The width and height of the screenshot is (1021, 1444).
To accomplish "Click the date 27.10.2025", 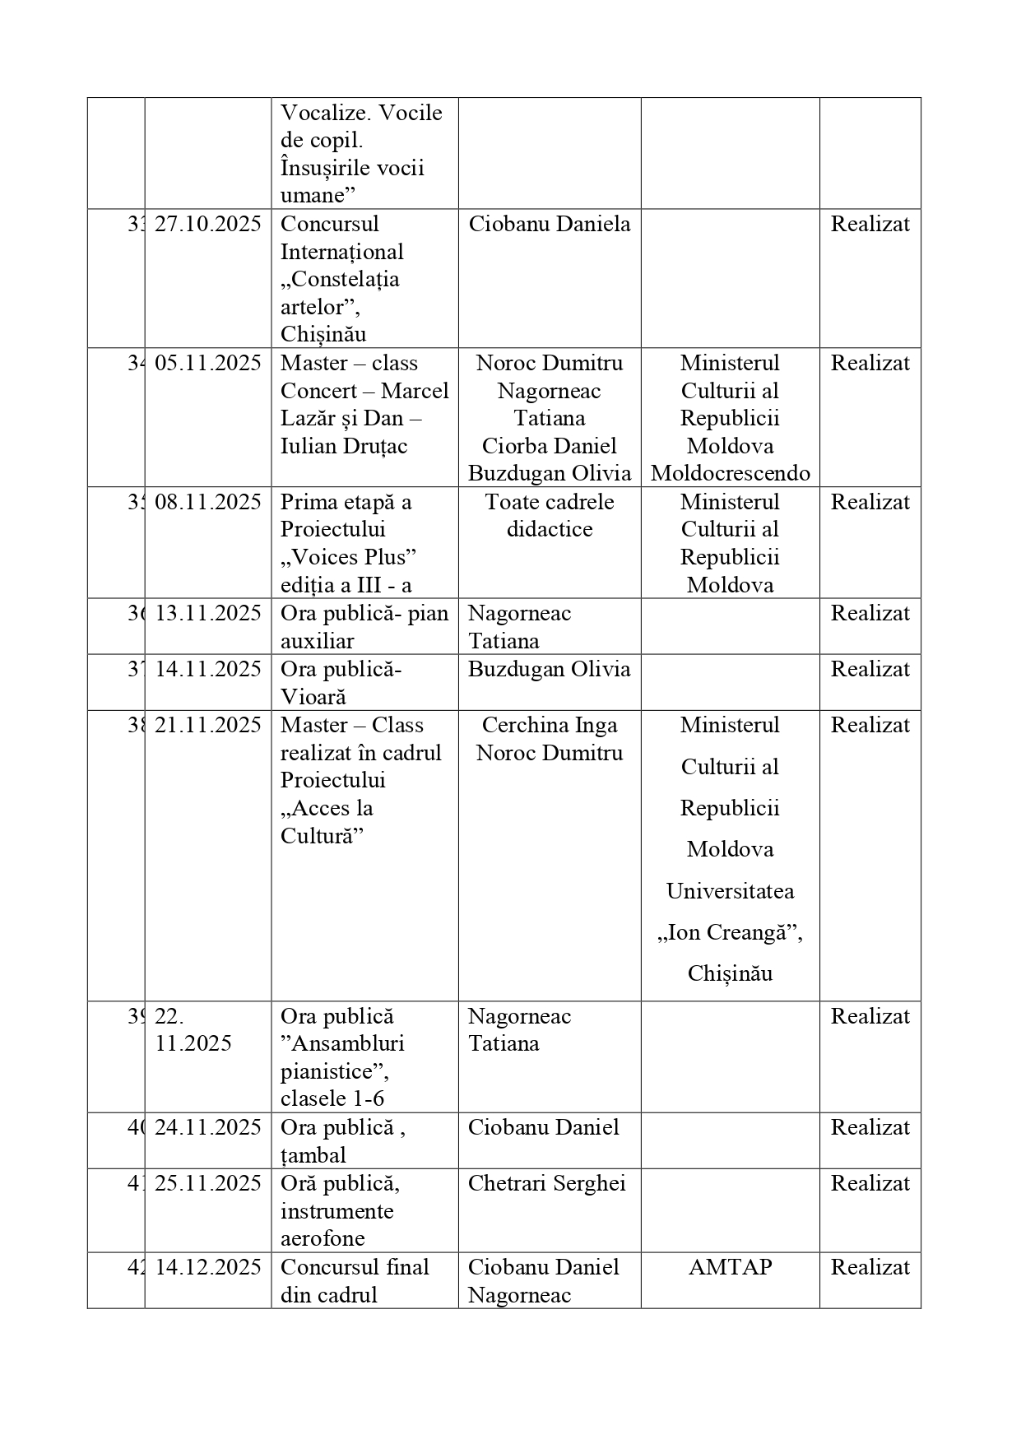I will click(207, 224).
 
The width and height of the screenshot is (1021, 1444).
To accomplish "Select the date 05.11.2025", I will click(207, 363).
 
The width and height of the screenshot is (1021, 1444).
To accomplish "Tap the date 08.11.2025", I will click(207, 502).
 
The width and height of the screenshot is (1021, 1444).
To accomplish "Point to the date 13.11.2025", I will click(207, 613).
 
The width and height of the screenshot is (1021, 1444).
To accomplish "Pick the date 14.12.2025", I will click(207, 1267).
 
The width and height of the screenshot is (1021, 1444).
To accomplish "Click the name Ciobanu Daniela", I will click(550, 224).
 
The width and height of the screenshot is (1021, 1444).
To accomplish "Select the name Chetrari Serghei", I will click(547, 1183).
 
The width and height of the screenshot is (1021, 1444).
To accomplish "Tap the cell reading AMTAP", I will click(730, 1267).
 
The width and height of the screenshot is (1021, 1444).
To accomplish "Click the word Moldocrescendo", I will click(730, 473).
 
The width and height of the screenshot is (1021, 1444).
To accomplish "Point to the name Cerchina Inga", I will click(550, 725).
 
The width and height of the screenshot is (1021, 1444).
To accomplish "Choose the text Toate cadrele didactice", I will click(550, 515).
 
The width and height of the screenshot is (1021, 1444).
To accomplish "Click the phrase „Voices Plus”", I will click(349, 557).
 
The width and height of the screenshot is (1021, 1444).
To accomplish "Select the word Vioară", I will click(313, 697).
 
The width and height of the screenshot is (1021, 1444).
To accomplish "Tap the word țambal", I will click(313, 1155).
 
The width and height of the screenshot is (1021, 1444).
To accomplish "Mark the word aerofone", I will click(323, 1238).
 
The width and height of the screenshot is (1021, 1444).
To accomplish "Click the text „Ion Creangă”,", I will click(730, 932).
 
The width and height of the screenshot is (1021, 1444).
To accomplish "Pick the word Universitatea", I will click(730, 891).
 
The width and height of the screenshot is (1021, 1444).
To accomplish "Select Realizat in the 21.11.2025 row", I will click(870, 725).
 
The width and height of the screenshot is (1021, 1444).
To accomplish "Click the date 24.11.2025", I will click(207, 1127).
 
